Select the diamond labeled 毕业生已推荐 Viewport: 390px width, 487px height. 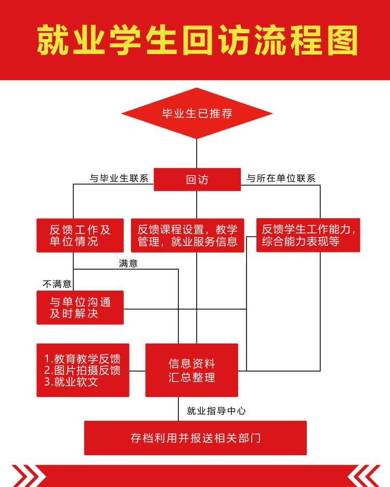click(x=197, y=113)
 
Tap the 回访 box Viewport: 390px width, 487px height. click(x=197, y=179)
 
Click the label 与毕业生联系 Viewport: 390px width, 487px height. click(x=119, y=178)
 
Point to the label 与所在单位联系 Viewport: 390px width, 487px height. click(x=281, y=178)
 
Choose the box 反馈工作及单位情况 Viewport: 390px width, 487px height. click(x=80, y=235)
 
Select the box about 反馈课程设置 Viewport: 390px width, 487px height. click(x=187, y=235)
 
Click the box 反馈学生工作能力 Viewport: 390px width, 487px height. click(x=308, y=235)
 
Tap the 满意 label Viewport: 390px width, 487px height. click(x=128, y=264)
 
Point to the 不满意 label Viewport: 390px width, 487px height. click(x=57, y=284)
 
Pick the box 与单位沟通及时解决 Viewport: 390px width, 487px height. click(x=80, y=307)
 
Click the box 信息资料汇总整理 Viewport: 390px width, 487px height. click(x=191, y=370)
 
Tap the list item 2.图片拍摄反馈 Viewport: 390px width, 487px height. click(x=82, y=371)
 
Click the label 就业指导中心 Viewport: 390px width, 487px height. click(x=216, y=411)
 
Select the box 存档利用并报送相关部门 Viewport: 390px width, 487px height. click(x=196, y=438)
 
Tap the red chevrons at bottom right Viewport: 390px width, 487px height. click(x=363, y=476)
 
